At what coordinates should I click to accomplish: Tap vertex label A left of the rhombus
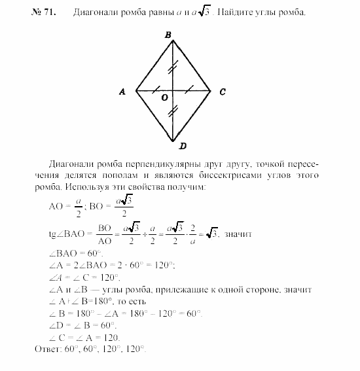(122, 92)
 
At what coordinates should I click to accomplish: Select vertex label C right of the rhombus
(223, 92)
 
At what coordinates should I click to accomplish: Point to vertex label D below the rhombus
(173, 147)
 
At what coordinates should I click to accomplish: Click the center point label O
(165, 97)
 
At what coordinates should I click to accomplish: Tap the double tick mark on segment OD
(173, 113)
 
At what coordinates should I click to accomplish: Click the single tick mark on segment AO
(154, 90)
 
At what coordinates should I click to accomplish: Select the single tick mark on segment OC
(191, 90)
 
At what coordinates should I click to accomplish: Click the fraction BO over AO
(105, 234)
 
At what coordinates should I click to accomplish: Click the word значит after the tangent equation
(240, 234)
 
